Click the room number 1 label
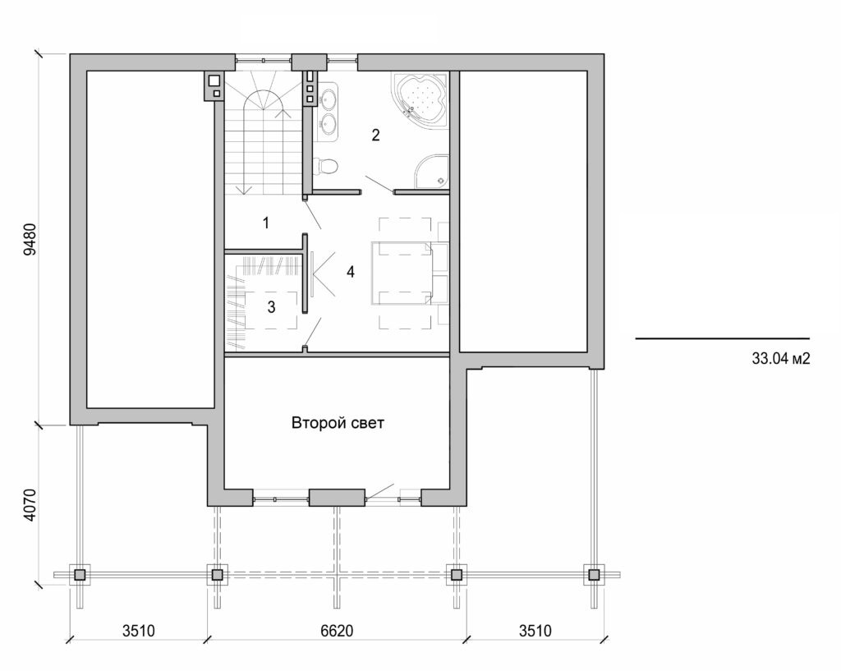pos(265,223)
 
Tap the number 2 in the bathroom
pos(375,136)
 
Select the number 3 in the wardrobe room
pos(271,306)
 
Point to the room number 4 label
pos(351,271)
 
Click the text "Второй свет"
pos(338,424)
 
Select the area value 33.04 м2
pos(781,359)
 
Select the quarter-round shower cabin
pos(432,171)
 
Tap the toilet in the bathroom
pos(328,166)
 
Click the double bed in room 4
pos(402,272)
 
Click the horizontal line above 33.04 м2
pos(722,338)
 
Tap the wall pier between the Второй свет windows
pos(336,498)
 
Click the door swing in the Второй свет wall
pos(379,493)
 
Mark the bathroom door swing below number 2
pos(378,184)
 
